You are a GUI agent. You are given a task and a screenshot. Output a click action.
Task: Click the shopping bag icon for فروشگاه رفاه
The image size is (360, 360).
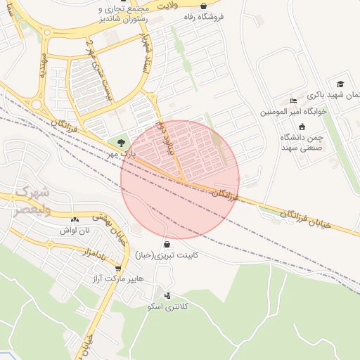203,6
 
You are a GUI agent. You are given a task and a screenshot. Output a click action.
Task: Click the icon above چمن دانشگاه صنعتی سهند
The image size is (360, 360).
302,127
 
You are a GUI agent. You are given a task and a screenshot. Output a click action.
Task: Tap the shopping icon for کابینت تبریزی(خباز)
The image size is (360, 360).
167,244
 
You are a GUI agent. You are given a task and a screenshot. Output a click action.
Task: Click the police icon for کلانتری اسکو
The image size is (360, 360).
167,295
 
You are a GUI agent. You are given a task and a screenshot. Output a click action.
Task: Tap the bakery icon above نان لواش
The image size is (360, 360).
75,219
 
